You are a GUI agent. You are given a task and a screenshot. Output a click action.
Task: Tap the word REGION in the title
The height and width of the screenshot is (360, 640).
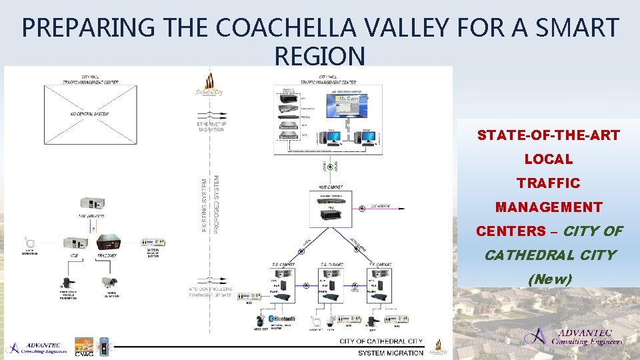319,56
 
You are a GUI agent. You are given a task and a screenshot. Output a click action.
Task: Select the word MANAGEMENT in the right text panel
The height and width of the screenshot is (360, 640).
548,207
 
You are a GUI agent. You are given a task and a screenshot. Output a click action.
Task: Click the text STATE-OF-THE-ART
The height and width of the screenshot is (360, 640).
548,135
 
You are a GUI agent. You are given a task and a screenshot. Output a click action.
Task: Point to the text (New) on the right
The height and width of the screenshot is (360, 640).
549,279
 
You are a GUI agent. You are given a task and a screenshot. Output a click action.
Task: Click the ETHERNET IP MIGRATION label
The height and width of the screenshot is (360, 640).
211,127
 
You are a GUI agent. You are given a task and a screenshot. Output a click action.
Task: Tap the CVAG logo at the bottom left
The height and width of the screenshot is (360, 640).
84,347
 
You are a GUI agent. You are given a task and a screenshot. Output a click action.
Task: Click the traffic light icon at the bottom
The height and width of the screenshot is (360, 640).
104,347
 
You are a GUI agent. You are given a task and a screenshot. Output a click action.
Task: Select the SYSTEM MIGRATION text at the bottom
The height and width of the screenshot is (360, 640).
390,353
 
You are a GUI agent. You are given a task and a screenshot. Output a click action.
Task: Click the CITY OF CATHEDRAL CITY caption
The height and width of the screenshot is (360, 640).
381,341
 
